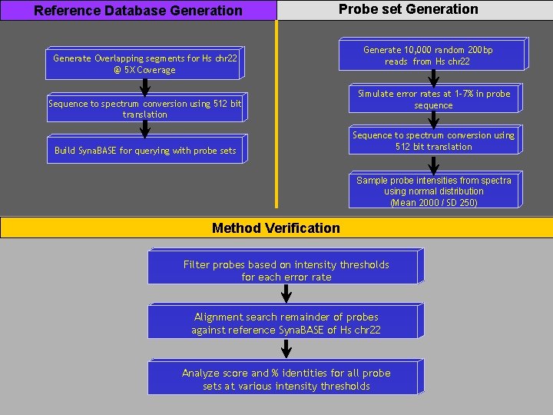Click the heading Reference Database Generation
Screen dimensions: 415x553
click(x=138, y=11)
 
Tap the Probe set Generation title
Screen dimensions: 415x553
click(x=409, y=9)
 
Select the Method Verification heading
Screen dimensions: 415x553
click(x=276, y=227)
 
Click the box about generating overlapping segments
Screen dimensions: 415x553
click(x=144, y=64)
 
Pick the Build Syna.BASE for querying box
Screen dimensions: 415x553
click(x=145, y=151)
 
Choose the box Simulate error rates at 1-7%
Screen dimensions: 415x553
click(x=434, y=100)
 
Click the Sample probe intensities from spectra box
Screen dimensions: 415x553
click(x=434, y=191)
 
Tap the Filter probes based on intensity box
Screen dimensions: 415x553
click(x=286, y=270)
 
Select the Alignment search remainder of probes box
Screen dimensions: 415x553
click(x=286, y=323)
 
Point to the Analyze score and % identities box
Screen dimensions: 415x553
click(x=286, y=379)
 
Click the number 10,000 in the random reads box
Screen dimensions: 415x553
click(x=420, y=50)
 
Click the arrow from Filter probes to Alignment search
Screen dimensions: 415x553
click(x=286, y=294)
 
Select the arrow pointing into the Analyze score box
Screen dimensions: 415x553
click(x=286, y=348)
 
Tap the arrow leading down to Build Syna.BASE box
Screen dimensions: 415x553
click(x=144, y=128)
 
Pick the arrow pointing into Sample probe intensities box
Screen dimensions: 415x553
click(x=434, y=164)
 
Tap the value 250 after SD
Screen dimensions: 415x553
click(x=468, y=203)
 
